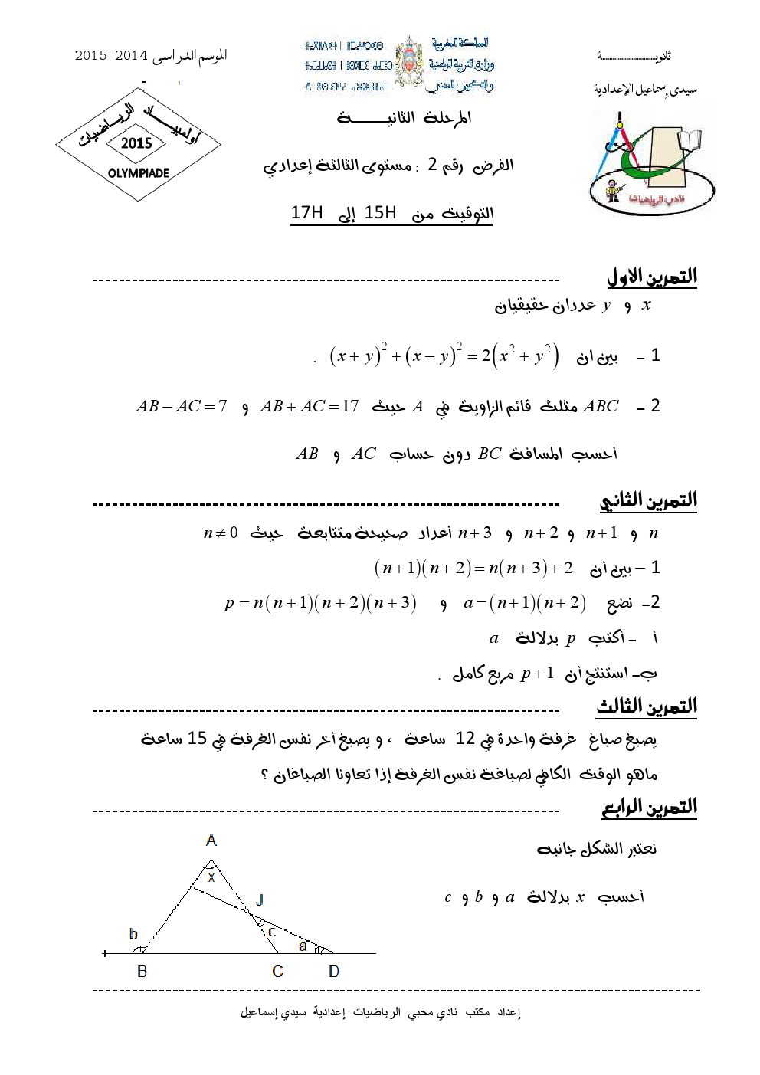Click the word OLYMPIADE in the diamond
139,173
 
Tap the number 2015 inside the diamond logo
136,143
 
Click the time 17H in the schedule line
306,212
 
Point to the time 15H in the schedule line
380,212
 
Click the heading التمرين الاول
651,277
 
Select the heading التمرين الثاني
648,500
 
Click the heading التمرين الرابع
649,807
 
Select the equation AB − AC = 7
181,406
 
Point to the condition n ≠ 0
221,533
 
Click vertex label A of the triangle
211,841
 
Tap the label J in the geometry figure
260,900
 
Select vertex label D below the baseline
334,972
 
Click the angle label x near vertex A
211,877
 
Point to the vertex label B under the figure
142,972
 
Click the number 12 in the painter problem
465,739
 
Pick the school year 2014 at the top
131,55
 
